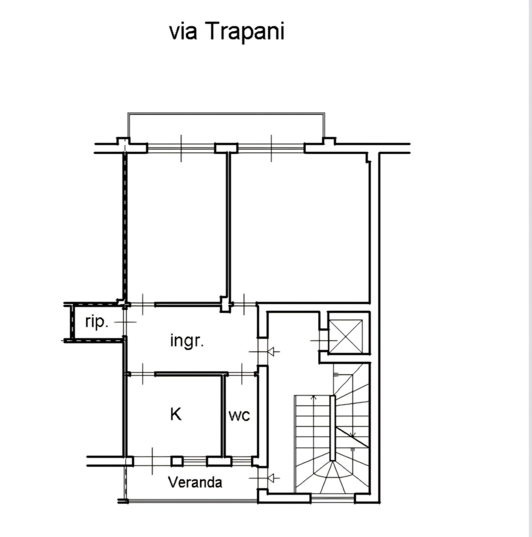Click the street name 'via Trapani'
(227, 31)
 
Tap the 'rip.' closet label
(97, 322)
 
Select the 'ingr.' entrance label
(187, 341)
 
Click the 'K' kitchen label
(176, 414)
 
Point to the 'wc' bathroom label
(239, 415)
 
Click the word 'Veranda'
(195, 482)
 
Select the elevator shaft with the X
(346, 336)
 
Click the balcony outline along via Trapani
(226, 113)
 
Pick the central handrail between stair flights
(332, 428)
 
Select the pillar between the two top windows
(226, 148)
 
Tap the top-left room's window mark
(181, 148)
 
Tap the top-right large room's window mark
(271, 148)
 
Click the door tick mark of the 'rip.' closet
(125, 322)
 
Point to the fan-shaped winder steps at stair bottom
(333, 478)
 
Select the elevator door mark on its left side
(323, 340)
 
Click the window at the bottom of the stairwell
(333, 498)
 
